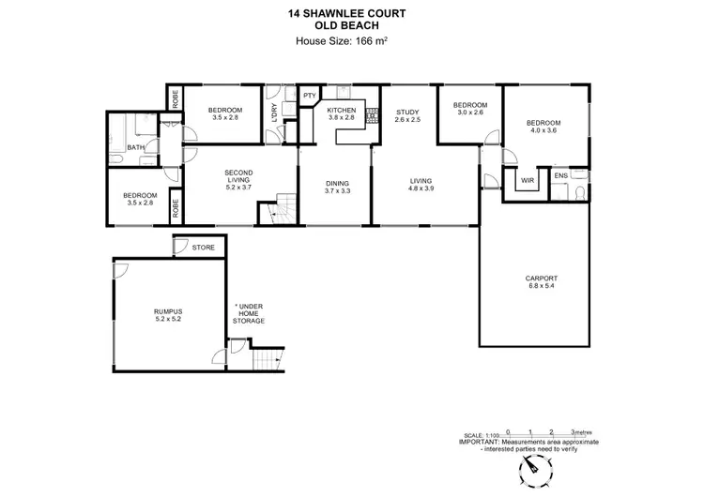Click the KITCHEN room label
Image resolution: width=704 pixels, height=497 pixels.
pos(341,110)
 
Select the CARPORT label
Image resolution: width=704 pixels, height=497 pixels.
pos(541,279)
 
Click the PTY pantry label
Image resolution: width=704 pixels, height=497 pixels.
pos(309,96)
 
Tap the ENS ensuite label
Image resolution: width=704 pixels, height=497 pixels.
pos(560,175)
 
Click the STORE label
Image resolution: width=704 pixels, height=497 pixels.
pos(203,248)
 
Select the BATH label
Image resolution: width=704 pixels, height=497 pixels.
pos(136,147)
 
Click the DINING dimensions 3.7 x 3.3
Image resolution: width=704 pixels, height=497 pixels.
pos(337,191)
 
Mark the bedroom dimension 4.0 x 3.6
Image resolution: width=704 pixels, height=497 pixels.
pos(542,131)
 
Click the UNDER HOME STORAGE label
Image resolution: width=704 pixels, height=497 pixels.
pos(250,314)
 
